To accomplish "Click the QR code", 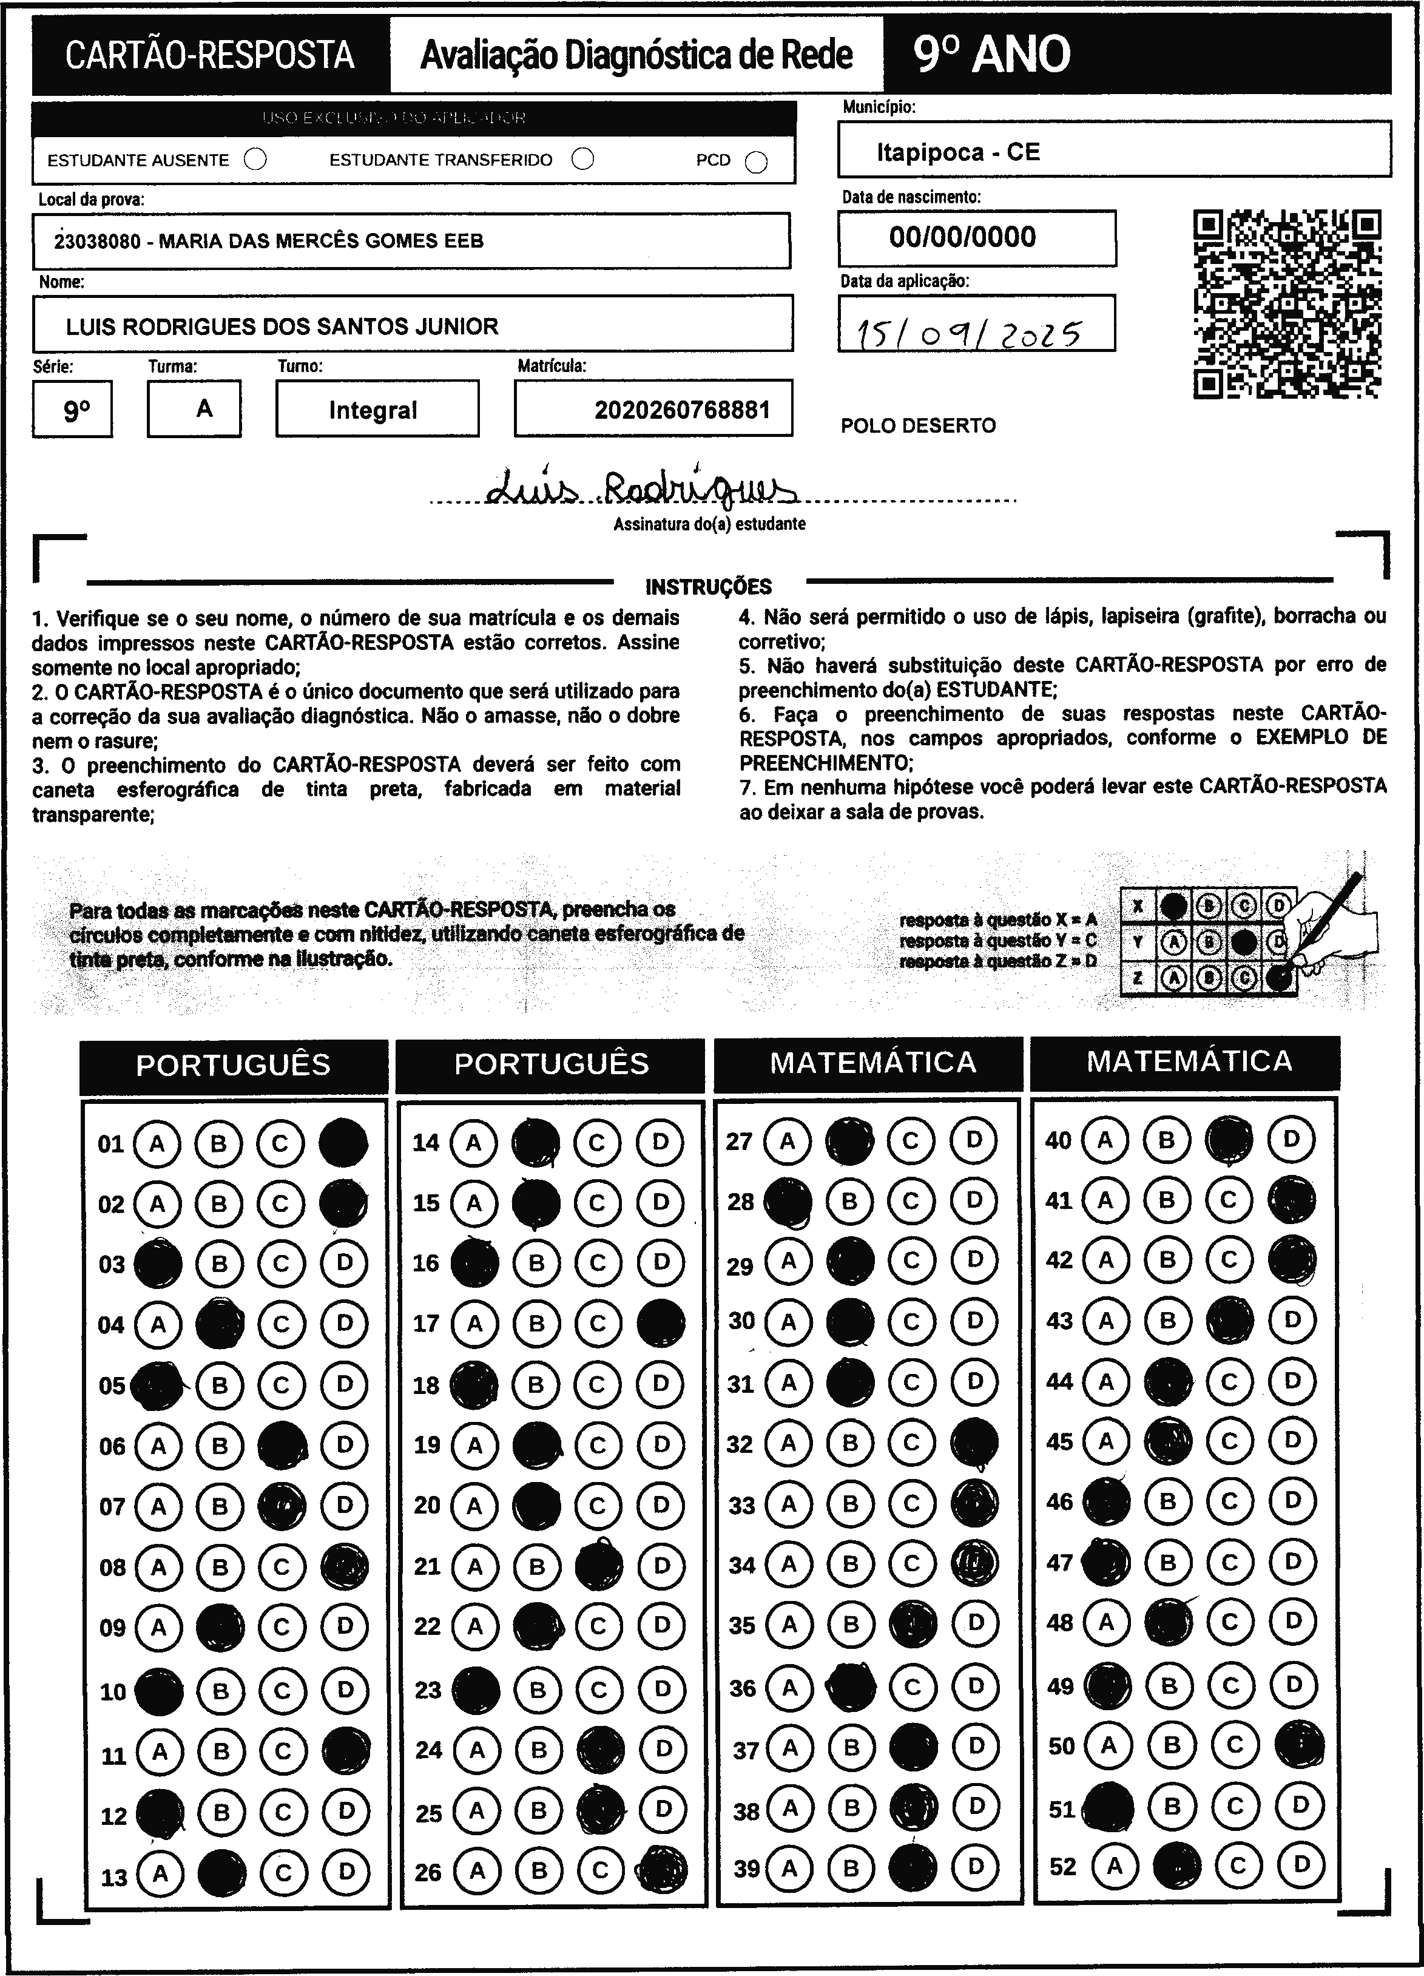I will pyautogui.click(x=1287, y=304).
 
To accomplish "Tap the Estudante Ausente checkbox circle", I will pyautogui.click(x=255, y=160).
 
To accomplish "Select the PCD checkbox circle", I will pyautogui.click(x=756, y=162).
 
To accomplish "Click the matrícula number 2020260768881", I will pyautogui.click(x=682, y=410).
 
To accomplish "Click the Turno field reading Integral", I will pyautogui.click(x=373, y=410).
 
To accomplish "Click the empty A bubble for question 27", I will pyautogui.click(x=788, y=1140).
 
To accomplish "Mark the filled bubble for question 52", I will pyautogui.click(x=1176, y=1866).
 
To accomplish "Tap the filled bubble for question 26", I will pyautogui.click(x=663, y=1870).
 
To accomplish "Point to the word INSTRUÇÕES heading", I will pyautogui.click(x=708, y=586).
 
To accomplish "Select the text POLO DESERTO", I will pyautogui.click(x=918, y=426).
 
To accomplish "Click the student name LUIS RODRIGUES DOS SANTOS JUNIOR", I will pyautogui.click(x=282, y=327).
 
